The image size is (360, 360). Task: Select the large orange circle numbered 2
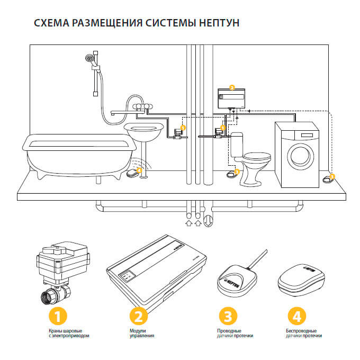[138, 316]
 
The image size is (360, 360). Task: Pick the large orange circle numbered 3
[228, 316]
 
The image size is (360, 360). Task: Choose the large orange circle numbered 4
[297, 316]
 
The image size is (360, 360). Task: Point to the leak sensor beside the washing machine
[326, 179]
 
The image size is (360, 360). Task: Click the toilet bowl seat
[256, 157]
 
